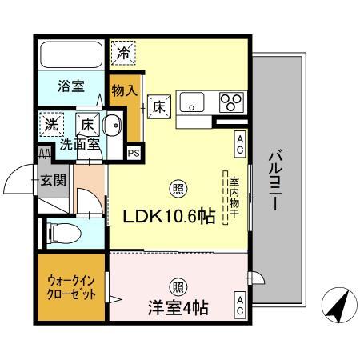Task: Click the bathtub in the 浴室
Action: [x=71, y=55]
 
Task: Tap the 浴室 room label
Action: [x=71, y=86]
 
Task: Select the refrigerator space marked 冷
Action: [x=123, y=53]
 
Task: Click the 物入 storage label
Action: [x=125, y=90]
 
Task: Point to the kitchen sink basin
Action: [x=192, y=102]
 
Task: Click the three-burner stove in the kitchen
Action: [x=231, y=102]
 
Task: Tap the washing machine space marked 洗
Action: [x=51, y=125]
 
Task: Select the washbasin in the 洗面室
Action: [x=112, y=125]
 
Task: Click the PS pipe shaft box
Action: [x=134, y=154]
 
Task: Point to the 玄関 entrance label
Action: [x=54, y=180]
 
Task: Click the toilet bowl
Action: [x=63, y=234]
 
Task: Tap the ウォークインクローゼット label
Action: [x=71, y=288]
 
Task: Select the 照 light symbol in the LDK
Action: [x=178, y=189]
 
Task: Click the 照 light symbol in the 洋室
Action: [x=178, y=287]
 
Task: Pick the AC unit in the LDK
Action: [x=240, y=144]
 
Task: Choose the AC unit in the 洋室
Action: [x=240, y=306]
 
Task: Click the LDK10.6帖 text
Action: [x=169, y=216]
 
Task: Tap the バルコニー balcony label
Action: [x=276, y=181]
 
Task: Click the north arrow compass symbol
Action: [x=339, y=305]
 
